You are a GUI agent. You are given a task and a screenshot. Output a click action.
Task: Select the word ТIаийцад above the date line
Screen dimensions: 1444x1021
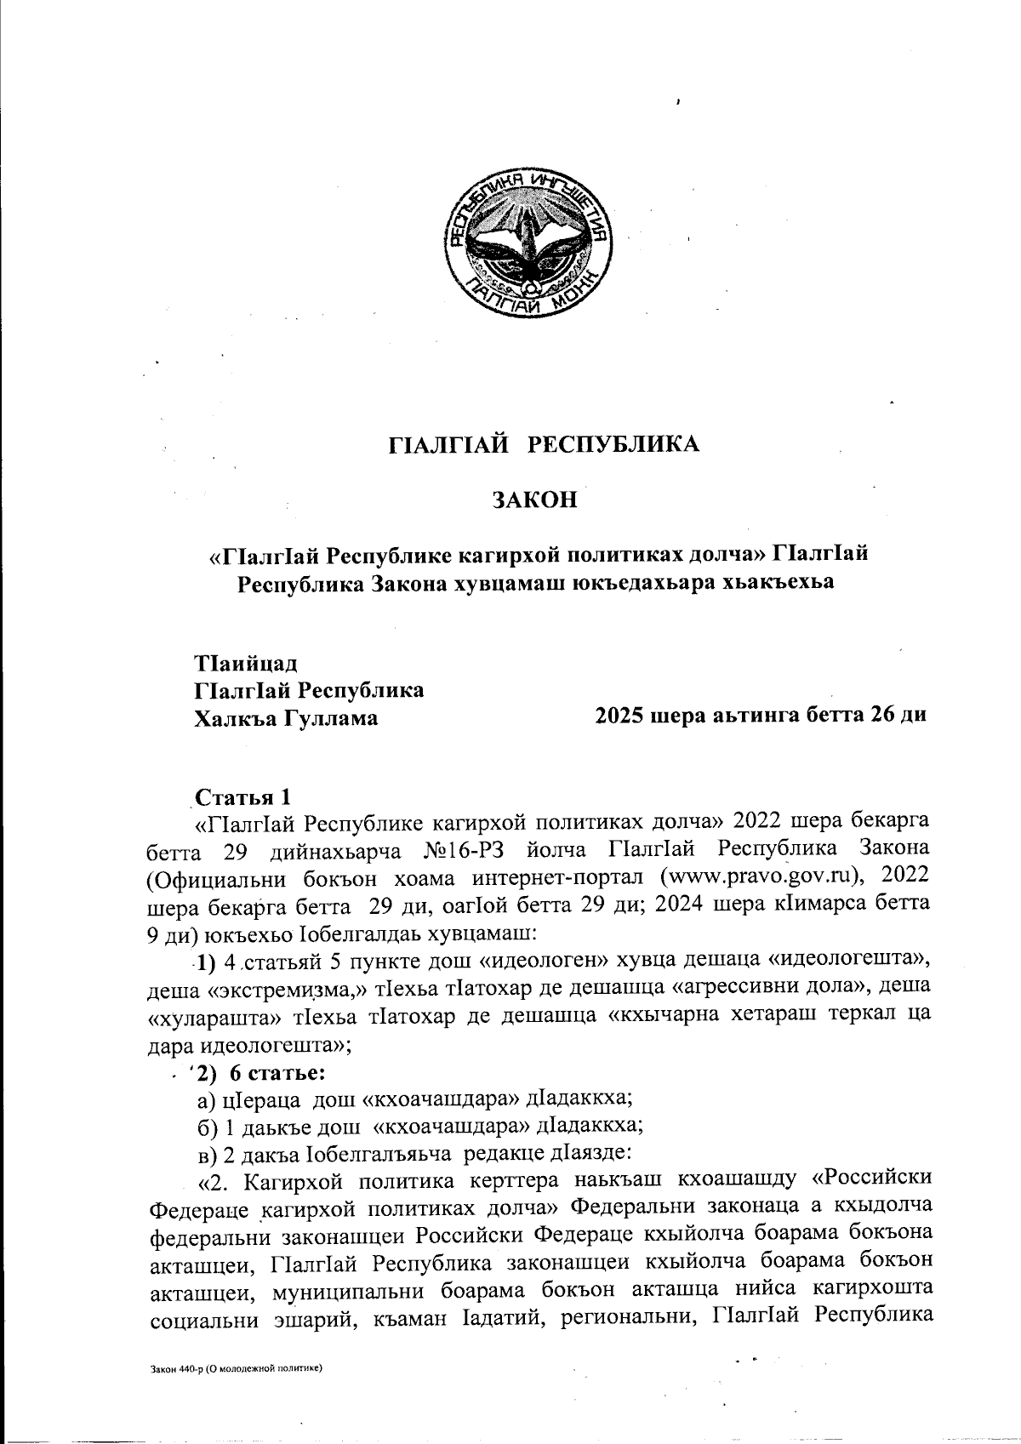click(x=247, y=662)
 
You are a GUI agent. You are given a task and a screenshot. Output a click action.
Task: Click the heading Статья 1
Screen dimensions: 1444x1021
click(x=244, y=797)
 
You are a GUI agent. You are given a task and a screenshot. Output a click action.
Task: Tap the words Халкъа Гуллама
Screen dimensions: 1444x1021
click(x=287, y=718)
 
